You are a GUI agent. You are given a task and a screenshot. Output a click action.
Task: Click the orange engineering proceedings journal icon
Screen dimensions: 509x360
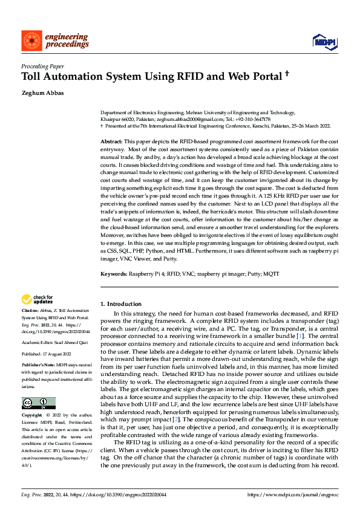click(31, 41)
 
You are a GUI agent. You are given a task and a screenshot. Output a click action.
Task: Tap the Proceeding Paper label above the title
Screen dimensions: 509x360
click(42, 66)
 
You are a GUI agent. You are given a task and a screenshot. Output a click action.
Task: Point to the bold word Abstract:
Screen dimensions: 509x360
click(113, 140)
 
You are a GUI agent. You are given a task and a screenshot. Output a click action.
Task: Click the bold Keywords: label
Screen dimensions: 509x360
click(113, 273)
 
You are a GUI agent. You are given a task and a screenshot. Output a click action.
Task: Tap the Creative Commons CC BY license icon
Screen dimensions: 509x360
click(38, 403)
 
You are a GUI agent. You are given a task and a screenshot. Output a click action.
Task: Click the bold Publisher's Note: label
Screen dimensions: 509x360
click(39, 366)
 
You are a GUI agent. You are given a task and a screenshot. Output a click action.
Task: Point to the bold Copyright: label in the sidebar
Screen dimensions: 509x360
click(33, 416)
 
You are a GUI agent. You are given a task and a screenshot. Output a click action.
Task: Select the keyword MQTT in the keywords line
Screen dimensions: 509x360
click(272, 273)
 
